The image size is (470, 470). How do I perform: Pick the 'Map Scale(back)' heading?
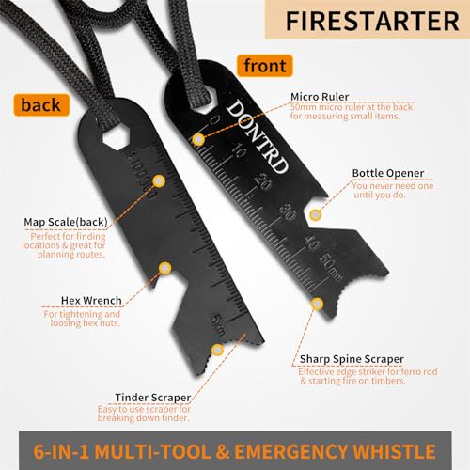tap(65, 222)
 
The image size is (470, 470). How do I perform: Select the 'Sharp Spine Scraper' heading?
tap(353, 359)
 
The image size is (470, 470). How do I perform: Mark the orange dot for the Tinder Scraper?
tap(217, 349)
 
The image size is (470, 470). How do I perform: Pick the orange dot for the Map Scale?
tap(160, 180)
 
